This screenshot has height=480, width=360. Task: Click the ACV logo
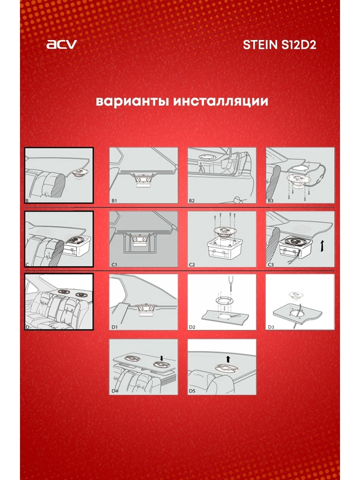61,44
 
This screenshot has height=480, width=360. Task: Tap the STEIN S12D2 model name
280,45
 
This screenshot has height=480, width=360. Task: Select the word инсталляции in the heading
221,101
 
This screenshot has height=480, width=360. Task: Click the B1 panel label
114,200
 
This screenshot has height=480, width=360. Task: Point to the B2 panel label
193,200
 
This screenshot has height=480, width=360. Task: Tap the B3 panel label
271,200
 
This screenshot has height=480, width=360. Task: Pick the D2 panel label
193,327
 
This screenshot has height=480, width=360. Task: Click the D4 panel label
115,390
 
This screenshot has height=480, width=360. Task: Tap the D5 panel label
193,390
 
